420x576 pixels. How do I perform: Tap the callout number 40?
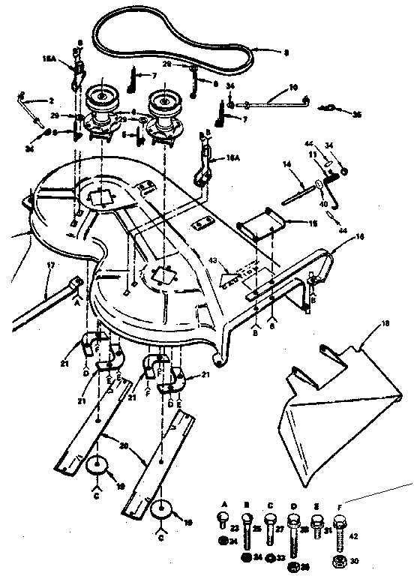(x=325, y=202)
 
